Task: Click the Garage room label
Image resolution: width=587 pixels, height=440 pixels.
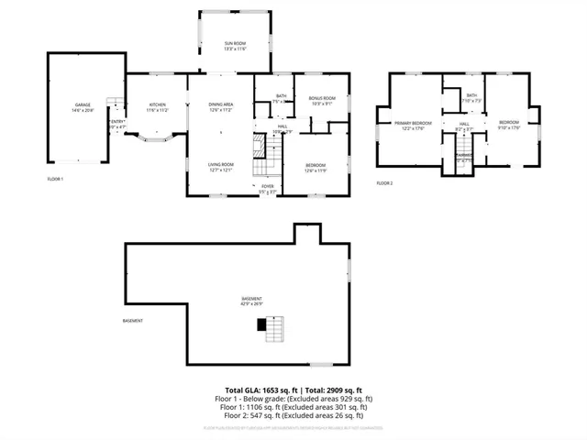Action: pos(83,107)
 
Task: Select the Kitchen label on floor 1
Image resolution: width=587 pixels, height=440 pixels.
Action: pos(158,107)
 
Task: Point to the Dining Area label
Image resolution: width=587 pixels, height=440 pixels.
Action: pos(221,107)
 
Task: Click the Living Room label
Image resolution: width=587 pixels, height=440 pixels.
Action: pos(221,167)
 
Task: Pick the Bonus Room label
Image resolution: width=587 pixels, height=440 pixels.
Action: pos(322,101)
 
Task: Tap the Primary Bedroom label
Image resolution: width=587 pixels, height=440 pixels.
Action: pos(413,125)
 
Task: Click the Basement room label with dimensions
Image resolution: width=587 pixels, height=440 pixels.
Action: pos(251,302)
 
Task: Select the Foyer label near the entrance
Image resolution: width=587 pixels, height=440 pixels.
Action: pos(267,188)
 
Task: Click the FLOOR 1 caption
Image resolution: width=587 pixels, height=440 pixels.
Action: pos(55,179)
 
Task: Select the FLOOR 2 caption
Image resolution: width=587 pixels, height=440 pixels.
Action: pos(384,183)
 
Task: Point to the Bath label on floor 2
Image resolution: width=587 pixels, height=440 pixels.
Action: pos(471,97)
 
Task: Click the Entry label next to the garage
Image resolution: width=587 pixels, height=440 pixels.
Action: pos(117,124)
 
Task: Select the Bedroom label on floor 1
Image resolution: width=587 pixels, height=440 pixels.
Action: pos(315,167)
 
